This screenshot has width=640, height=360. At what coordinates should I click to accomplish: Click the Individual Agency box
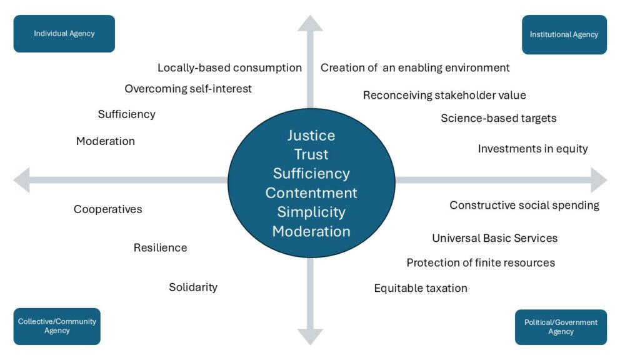64,34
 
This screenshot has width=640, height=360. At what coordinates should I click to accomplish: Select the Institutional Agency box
564,35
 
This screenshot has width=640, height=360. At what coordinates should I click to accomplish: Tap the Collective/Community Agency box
57,326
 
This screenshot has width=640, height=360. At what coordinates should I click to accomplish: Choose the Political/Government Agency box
561,327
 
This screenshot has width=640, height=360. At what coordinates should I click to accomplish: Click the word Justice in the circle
311,136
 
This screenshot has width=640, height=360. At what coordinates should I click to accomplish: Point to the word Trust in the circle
311,154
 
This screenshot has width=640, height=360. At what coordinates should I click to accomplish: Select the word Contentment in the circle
311,192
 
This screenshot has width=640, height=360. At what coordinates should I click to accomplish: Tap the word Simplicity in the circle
311,212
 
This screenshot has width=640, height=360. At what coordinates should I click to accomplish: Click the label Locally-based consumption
229,67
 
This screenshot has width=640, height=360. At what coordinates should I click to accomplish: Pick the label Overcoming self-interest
188,89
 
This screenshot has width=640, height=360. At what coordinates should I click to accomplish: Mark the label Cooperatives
108,209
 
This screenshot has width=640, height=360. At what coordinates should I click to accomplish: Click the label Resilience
160,248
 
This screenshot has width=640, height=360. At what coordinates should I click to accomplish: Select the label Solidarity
193,287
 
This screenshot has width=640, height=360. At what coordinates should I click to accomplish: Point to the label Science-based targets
498,118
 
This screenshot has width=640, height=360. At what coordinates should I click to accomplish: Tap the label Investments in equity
532,149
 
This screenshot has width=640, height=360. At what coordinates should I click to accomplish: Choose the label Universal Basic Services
494,238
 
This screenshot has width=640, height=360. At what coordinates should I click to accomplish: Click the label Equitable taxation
421,288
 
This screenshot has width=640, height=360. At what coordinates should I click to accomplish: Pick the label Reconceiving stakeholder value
444,96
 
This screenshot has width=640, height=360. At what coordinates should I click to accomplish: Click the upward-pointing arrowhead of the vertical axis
310,24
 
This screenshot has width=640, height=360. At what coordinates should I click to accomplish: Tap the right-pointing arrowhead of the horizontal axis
599,180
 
